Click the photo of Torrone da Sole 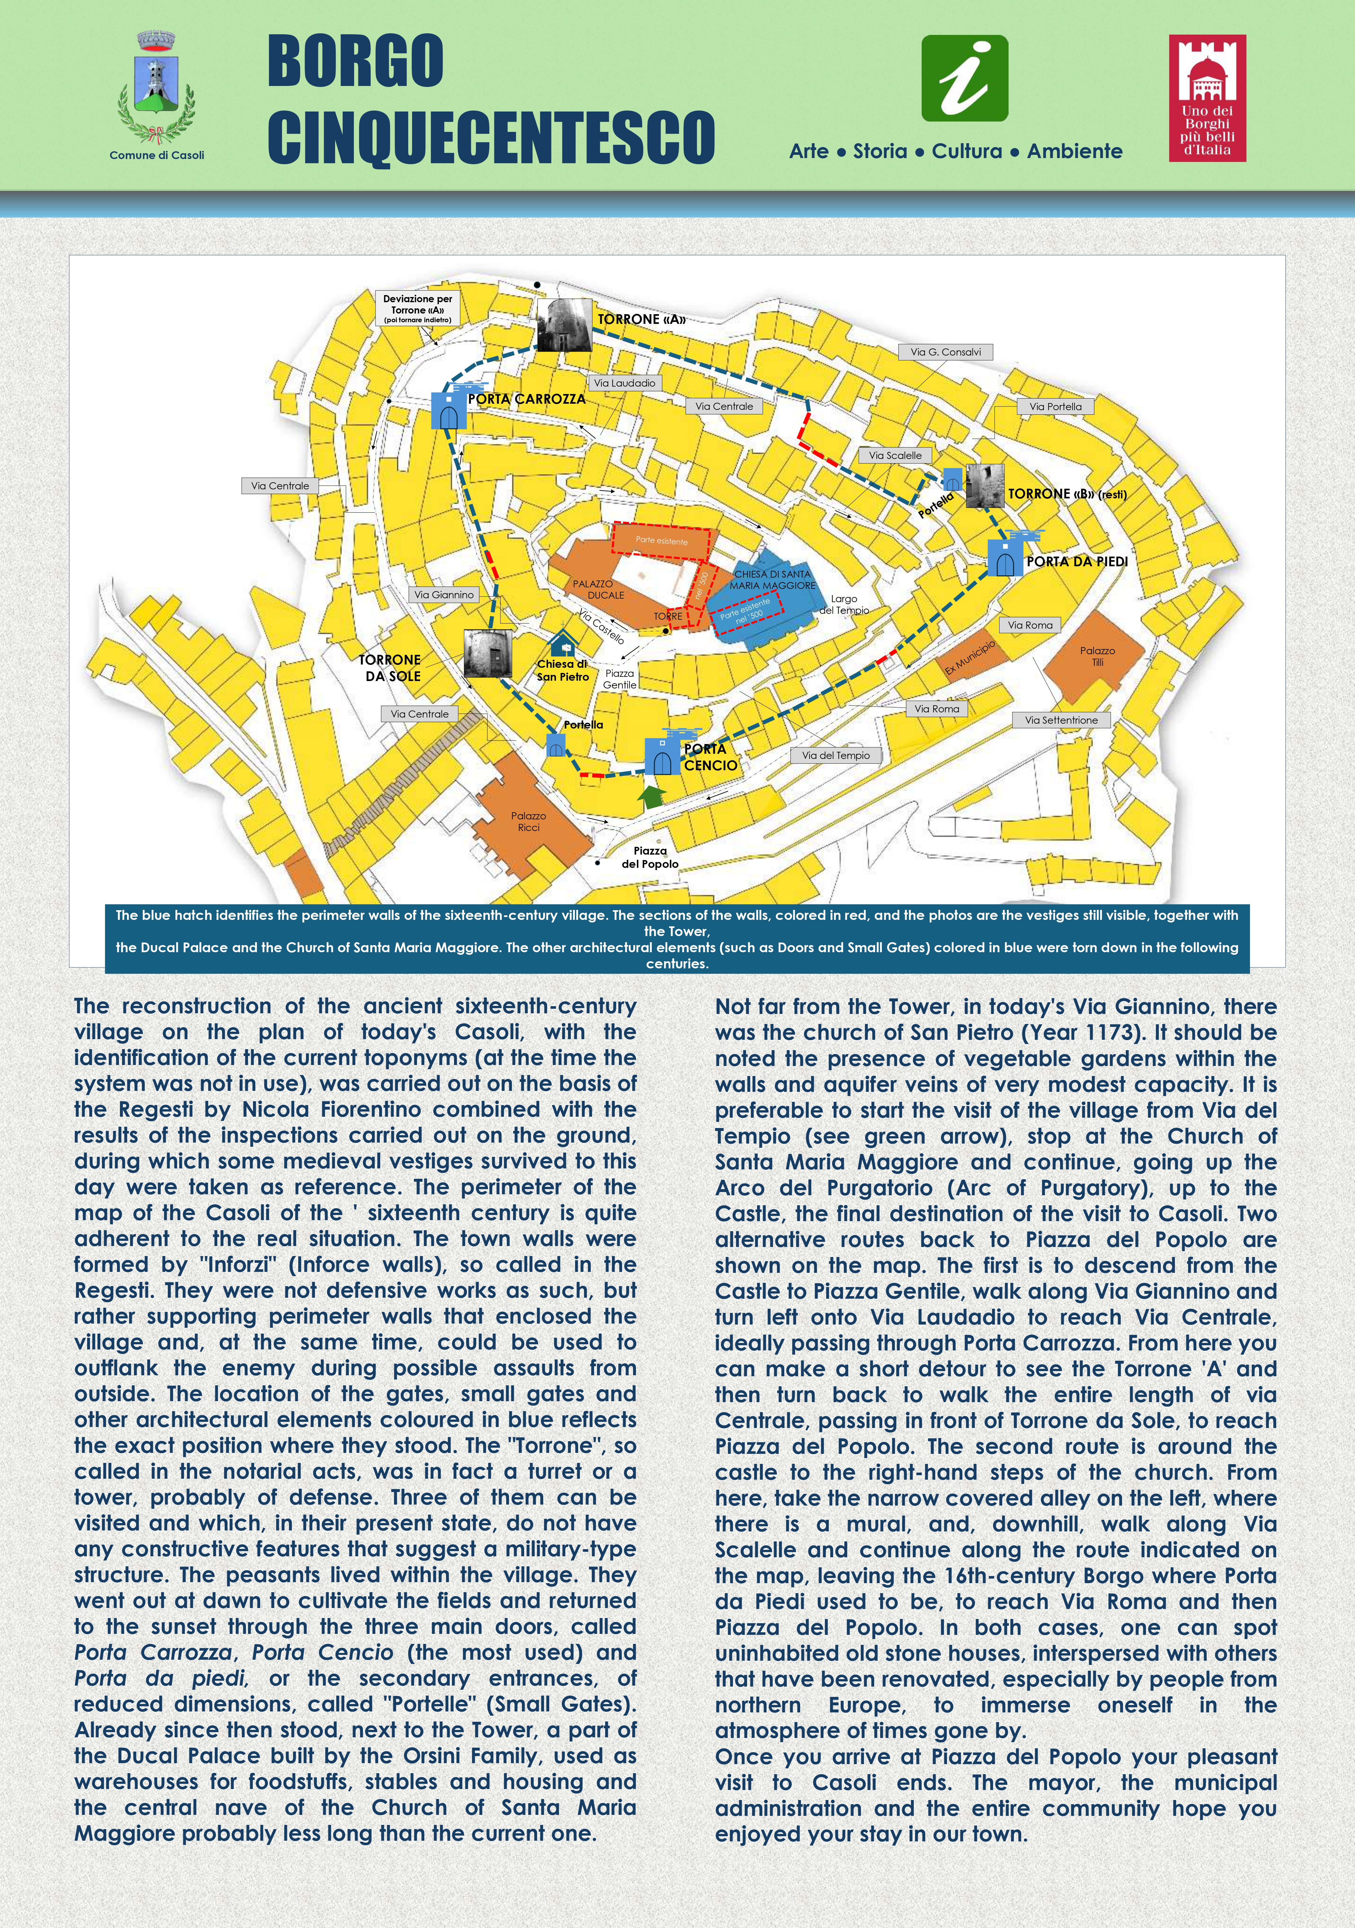click(x=487, y=653)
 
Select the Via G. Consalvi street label click(x=945, y=352)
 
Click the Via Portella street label click(x=1055, y=406)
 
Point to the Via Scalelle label click(x=895, y=455)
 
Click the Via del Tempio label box click(x=835, y=755)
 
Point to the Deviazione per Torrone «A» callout click(x=417, y=308)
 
